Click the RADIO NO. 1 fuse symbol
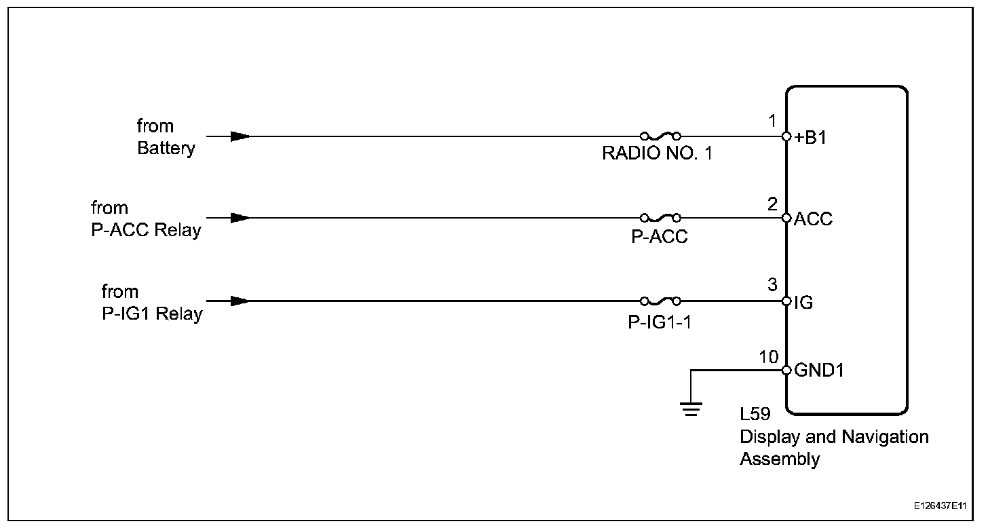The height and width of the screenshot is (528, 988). (660, 136)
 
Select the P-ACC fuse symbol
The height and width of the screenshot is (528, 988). (660, 218)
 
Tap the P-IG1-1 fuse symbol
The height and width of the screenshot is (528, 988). (660, 301)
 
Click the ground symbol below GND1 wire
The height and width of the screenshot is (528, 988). (691, 409)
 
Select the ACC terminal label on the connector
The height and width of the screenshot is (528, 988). (813, 220)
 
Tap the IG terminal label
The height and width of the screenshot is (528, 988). (803, 303)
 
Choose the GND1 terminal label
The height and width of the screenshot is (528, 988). (819, 371)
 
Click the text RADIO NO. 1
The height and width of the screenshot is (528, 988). (658, 154)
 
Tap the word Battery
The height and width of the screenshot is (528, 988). (166, 148)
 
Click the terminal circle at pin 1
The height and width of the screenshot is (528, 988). (786, 136)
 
